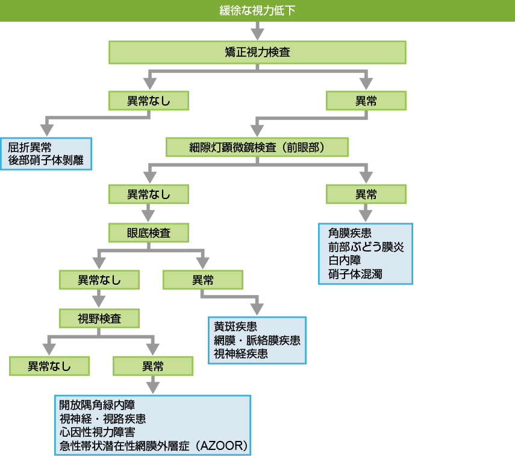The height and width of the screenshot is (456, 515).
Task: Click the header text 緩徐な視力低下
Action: pyautogui.click(x=257, y=11)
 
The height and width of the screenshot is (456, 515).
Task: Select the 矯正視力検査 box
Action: pyautogui.click(x=257, y=52)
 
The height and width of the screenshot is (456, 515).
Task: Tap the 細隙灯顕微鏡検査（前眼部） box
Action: pyautogui.click(x=257, y=147)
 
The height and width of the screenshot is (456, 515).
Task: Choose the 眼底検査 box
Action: pyautogui.click(x=148, y=233)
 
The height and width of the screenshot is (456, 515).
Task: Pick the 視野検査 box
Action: pyautogui.click(x=99, y=318)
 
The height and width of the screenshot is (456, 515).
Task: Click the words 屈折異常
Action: pyautogui.click(x=30, y=148)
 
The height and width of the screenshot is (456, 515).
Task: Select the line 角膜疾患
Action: pyautogui.click(x=350, y=232)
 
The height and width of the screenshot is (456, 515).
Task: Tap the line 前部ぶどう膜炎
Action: pyautogui.click(x=362, y=246)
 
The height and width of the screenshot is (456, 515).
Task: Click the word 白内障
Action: pyautogui.click(x=344, y=260)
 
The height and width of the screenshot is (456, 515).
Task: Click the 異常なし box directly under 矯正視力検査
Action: pyautogui.click(x=148, y=100)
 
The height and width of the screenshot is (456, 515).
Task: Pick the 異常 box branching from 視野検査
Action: pyautogui.click(x=153, y=366)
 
